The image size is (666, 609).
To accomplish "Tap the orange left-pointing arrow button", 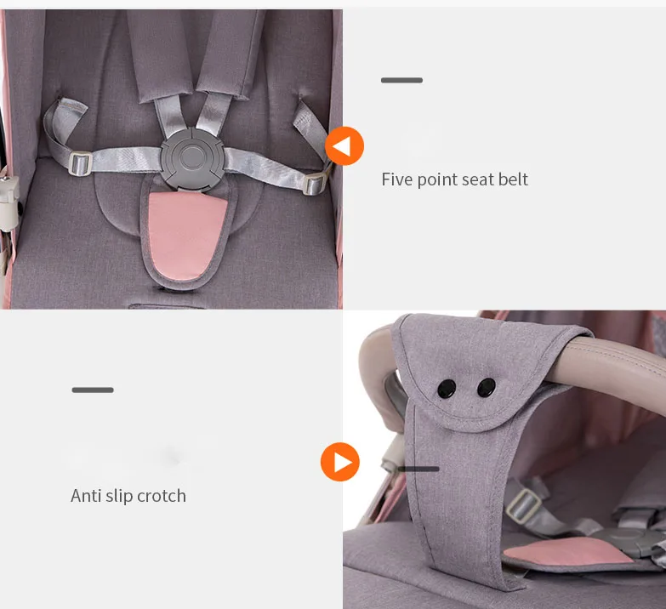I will point(344,146).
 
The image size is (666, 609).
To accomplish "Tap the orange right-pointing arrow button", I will point(340,462).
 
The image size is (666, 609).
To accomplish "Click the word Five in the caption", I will point(397,179).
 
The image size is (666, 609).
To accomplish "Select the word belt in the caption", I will point(513,179).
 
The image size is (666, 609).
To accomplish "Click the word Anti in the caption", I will point(86,496).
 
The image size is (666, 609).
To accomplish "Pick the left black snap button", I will point(446,389).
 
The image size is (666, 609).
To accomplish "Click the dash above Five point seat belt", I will point(401,81).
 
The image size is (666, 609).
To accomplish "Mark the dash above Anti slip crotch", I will point(93,390).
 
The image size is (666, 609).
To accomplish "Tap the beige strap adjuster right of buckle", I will point(316,182).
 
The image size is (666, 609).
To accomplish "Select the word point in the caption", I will point(438,179).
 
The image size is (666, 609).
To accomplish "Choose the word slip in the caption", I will point(120,496).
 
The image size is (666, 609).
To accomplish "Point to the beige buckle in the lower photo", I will point(525,507).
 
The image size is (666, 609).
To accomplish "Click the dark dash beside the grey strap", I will point(418,469).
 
